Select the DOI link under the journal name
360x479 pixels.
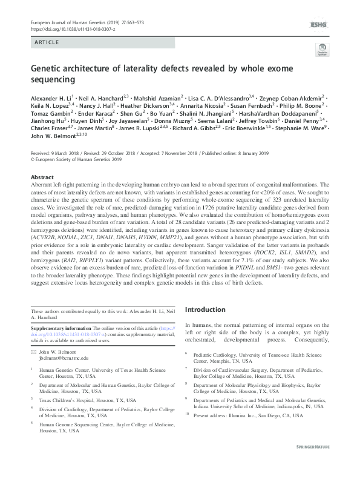pos(72,28)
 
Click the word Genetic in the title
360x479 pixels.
pos(46,70)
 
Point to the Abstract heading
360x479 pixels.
pos(42,177)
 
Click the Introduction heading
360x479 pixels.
pos(209,309)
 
